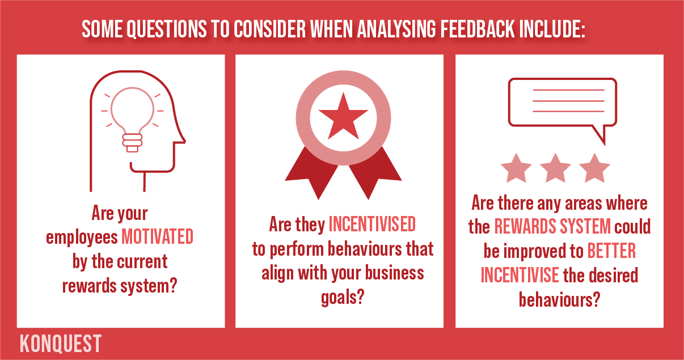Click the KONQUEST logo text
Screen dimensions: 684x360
coord(61,344)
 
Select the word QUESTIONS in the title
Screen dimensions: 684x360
coord(166,29)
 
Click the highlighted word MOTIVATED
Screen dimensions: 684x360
coord(157,236)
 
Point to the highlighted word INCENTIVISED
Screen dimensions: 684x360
coord(372,224)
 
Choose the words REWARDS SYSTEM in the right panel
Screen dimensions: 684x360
coord(552,226)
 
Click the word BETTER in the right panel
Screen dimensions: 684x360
coord(611,251)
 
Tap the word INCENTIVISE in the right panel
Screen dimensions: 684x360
coord(520,275)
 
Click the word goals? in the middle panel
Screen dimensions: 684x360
coord(343,298)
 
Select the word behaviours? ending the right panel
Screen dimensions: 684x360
coord(559,299)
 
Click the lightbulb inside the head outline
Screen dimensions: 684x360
coord(132,120)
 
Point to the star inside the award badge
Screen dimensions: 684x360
coord(343,116)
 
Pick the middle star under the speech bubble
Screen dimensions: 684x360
coord(555,168)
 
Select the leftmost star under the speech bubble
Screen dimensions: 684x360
coord(516,168)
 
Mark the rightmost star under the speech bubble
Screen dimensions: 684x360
coord(594,168)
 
